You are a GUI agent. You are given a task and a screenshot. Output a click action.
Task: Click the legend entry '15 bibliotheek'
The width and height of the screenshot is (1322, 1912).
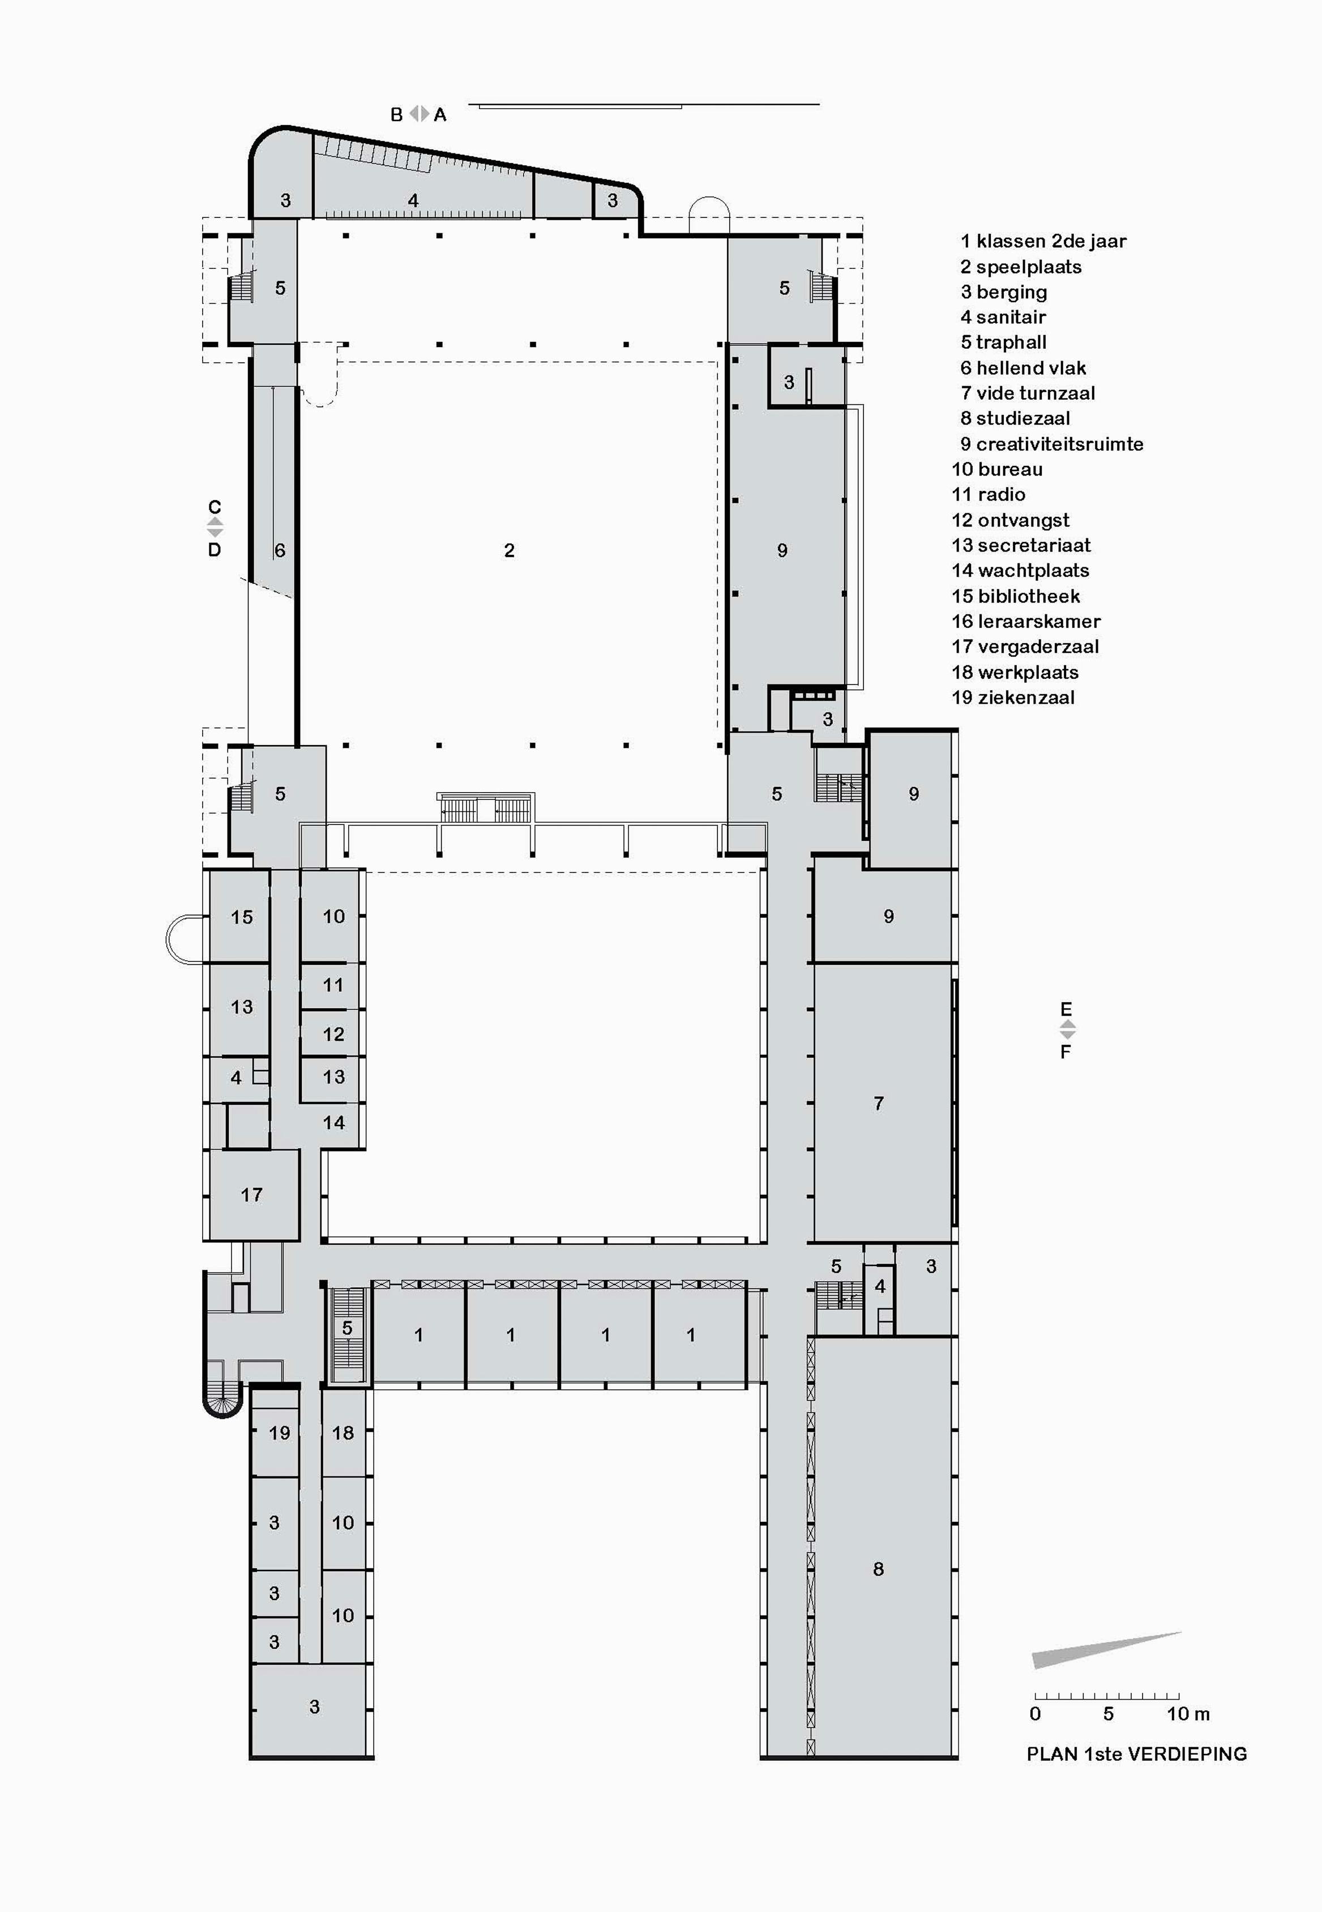coord(1016,596)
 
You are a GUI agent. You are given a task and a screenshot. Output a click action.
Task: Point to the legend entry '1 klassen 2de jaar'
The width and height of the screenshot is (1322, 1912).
coord(1043,241)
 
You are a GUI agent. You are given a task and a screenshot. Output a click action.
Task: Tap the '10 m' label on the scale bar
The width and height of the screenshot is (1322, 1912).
coord(1188,1713)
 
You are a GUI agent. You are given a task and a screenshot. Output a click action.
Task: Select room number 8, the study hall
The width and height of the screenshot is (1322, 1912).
coord(878,1568)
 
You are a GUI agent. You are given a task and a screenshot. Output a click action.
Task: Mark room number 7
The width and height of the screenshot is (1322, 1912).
coord(878,1102)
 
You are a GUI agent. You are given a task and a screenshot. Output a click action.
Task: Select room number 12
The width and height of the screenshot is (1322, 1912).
coord(333,1033)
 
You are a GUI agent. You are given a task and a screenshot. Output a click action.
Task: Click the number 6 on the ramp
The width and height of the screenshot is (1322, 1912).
coord(280,550)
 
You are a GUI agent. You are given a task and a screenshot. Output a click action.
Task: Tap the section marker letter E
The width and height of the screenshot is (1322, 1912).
coord(1066,1009)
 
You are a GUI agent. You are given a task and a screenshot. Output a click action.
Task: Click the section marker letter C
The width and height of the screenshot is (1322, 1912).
coord(215,506)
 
